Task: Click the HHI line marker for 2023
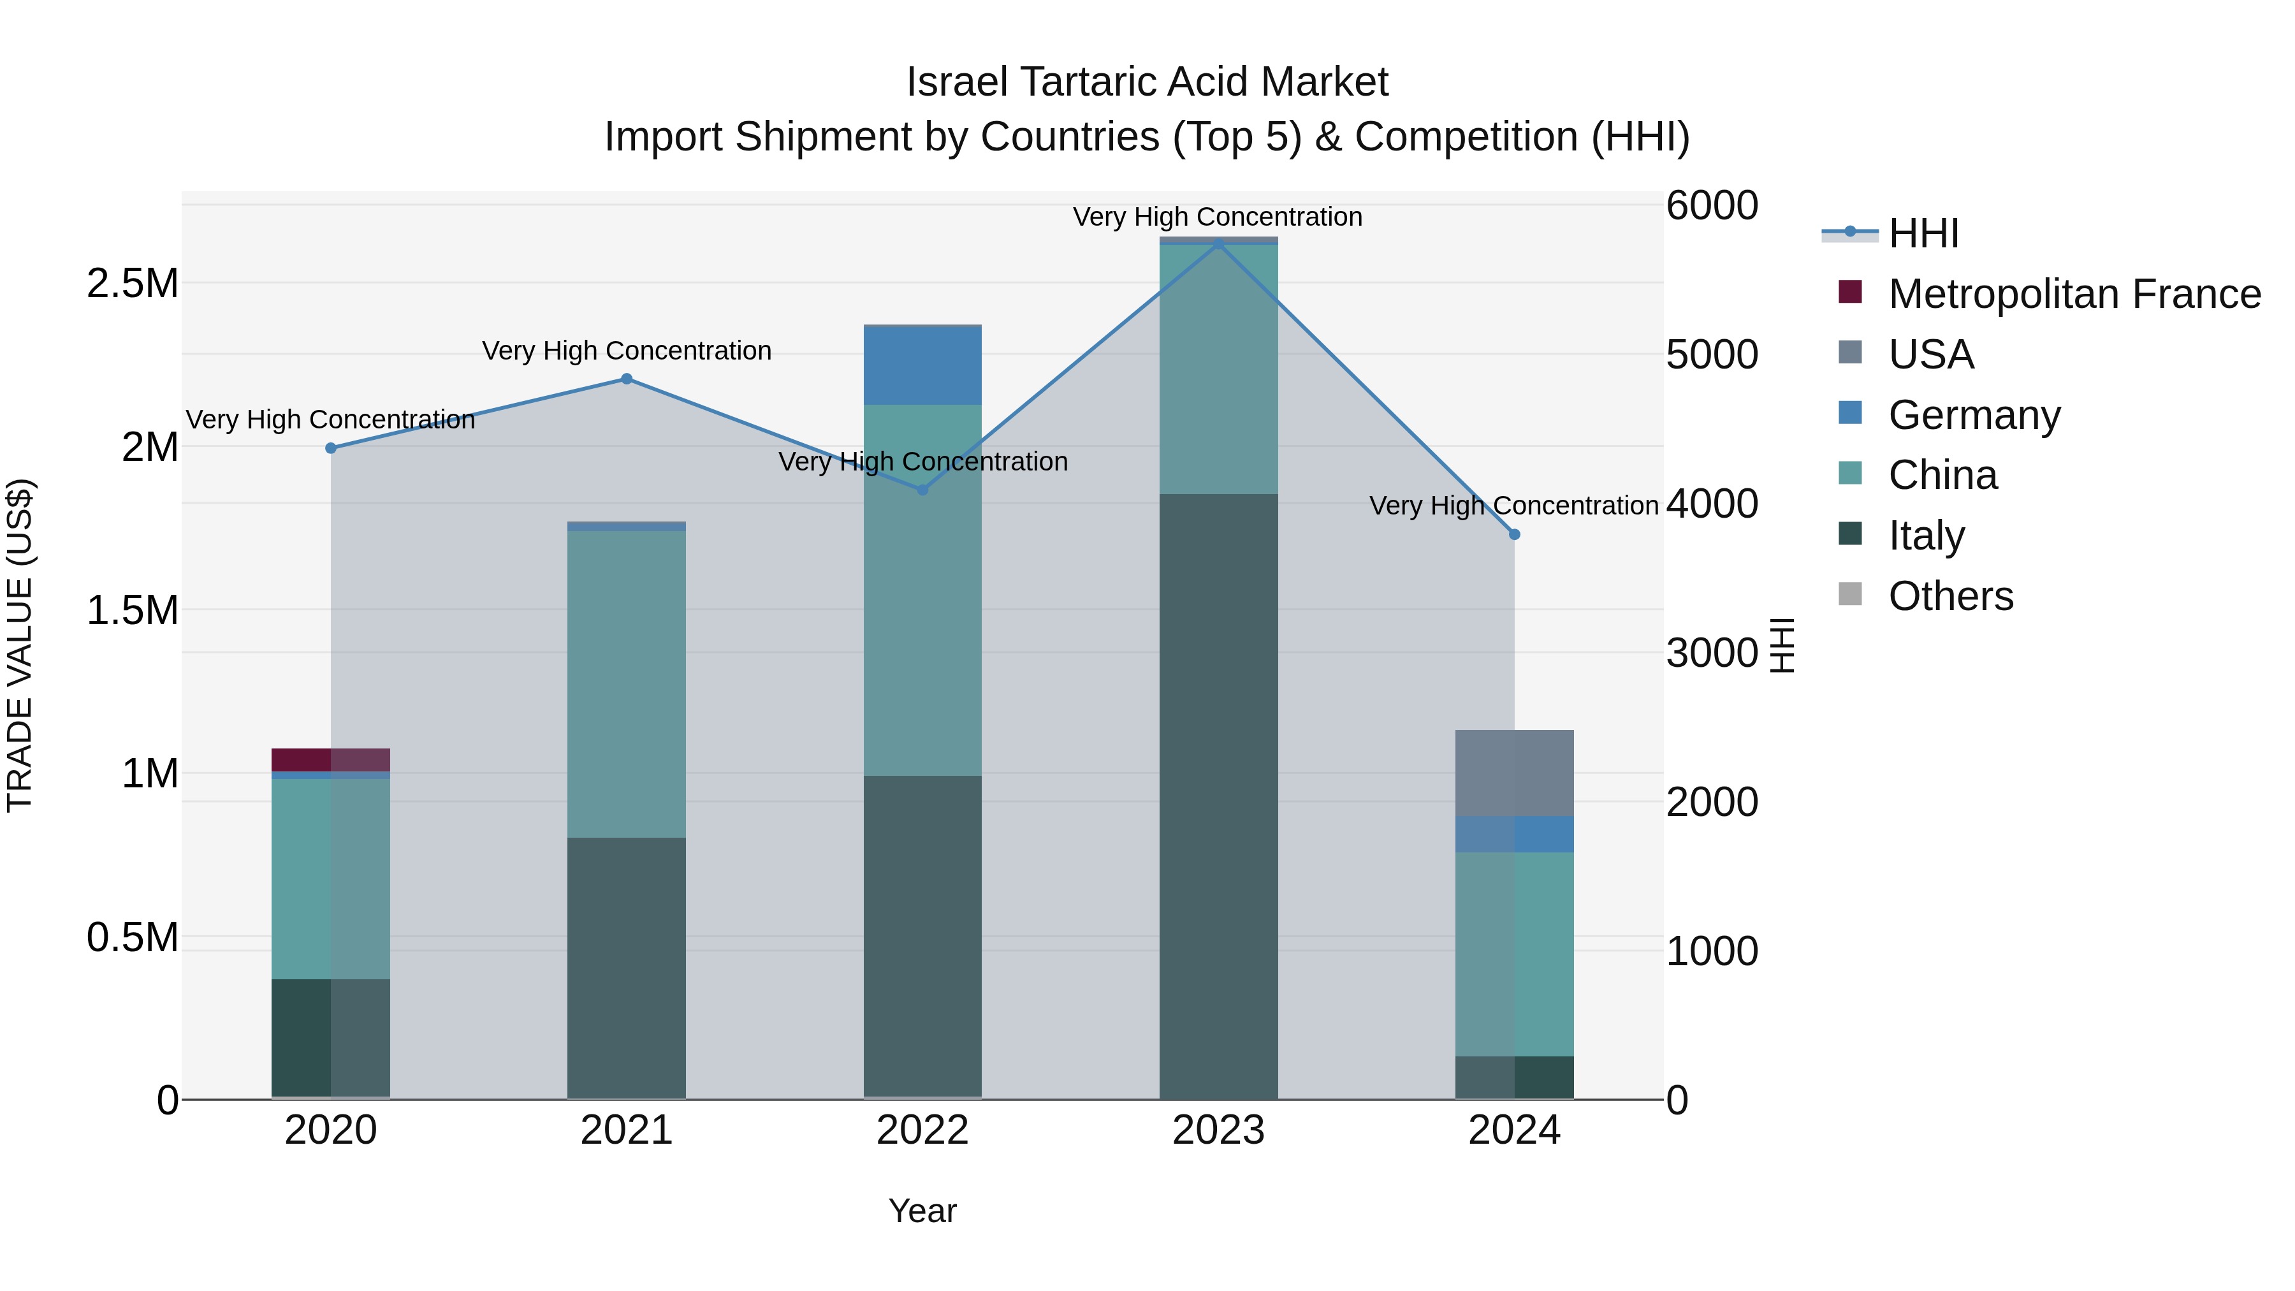[1218, 244]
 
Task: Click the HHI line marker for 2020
[330, 448]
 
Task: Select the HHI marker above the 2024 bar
[1513, 535]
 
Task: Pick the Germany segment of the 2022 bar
[922, 366]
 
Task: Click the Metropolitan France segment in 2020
[330, 760]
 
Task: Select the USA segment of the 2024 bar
[1513, 773]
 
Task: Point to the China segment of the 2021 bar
[626, 683]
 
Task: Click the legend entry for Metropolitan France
[2073, 294]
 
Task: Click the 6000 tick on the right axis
[1712, 206]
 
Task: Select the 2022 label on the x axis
[922, 1130]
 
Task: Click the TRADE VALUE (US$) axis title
[20, 645]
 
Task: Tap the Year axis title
[922, 1211]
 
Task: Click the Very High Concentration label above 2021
[626, 351]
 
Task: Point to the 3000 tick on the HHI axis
[1712, 653]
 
